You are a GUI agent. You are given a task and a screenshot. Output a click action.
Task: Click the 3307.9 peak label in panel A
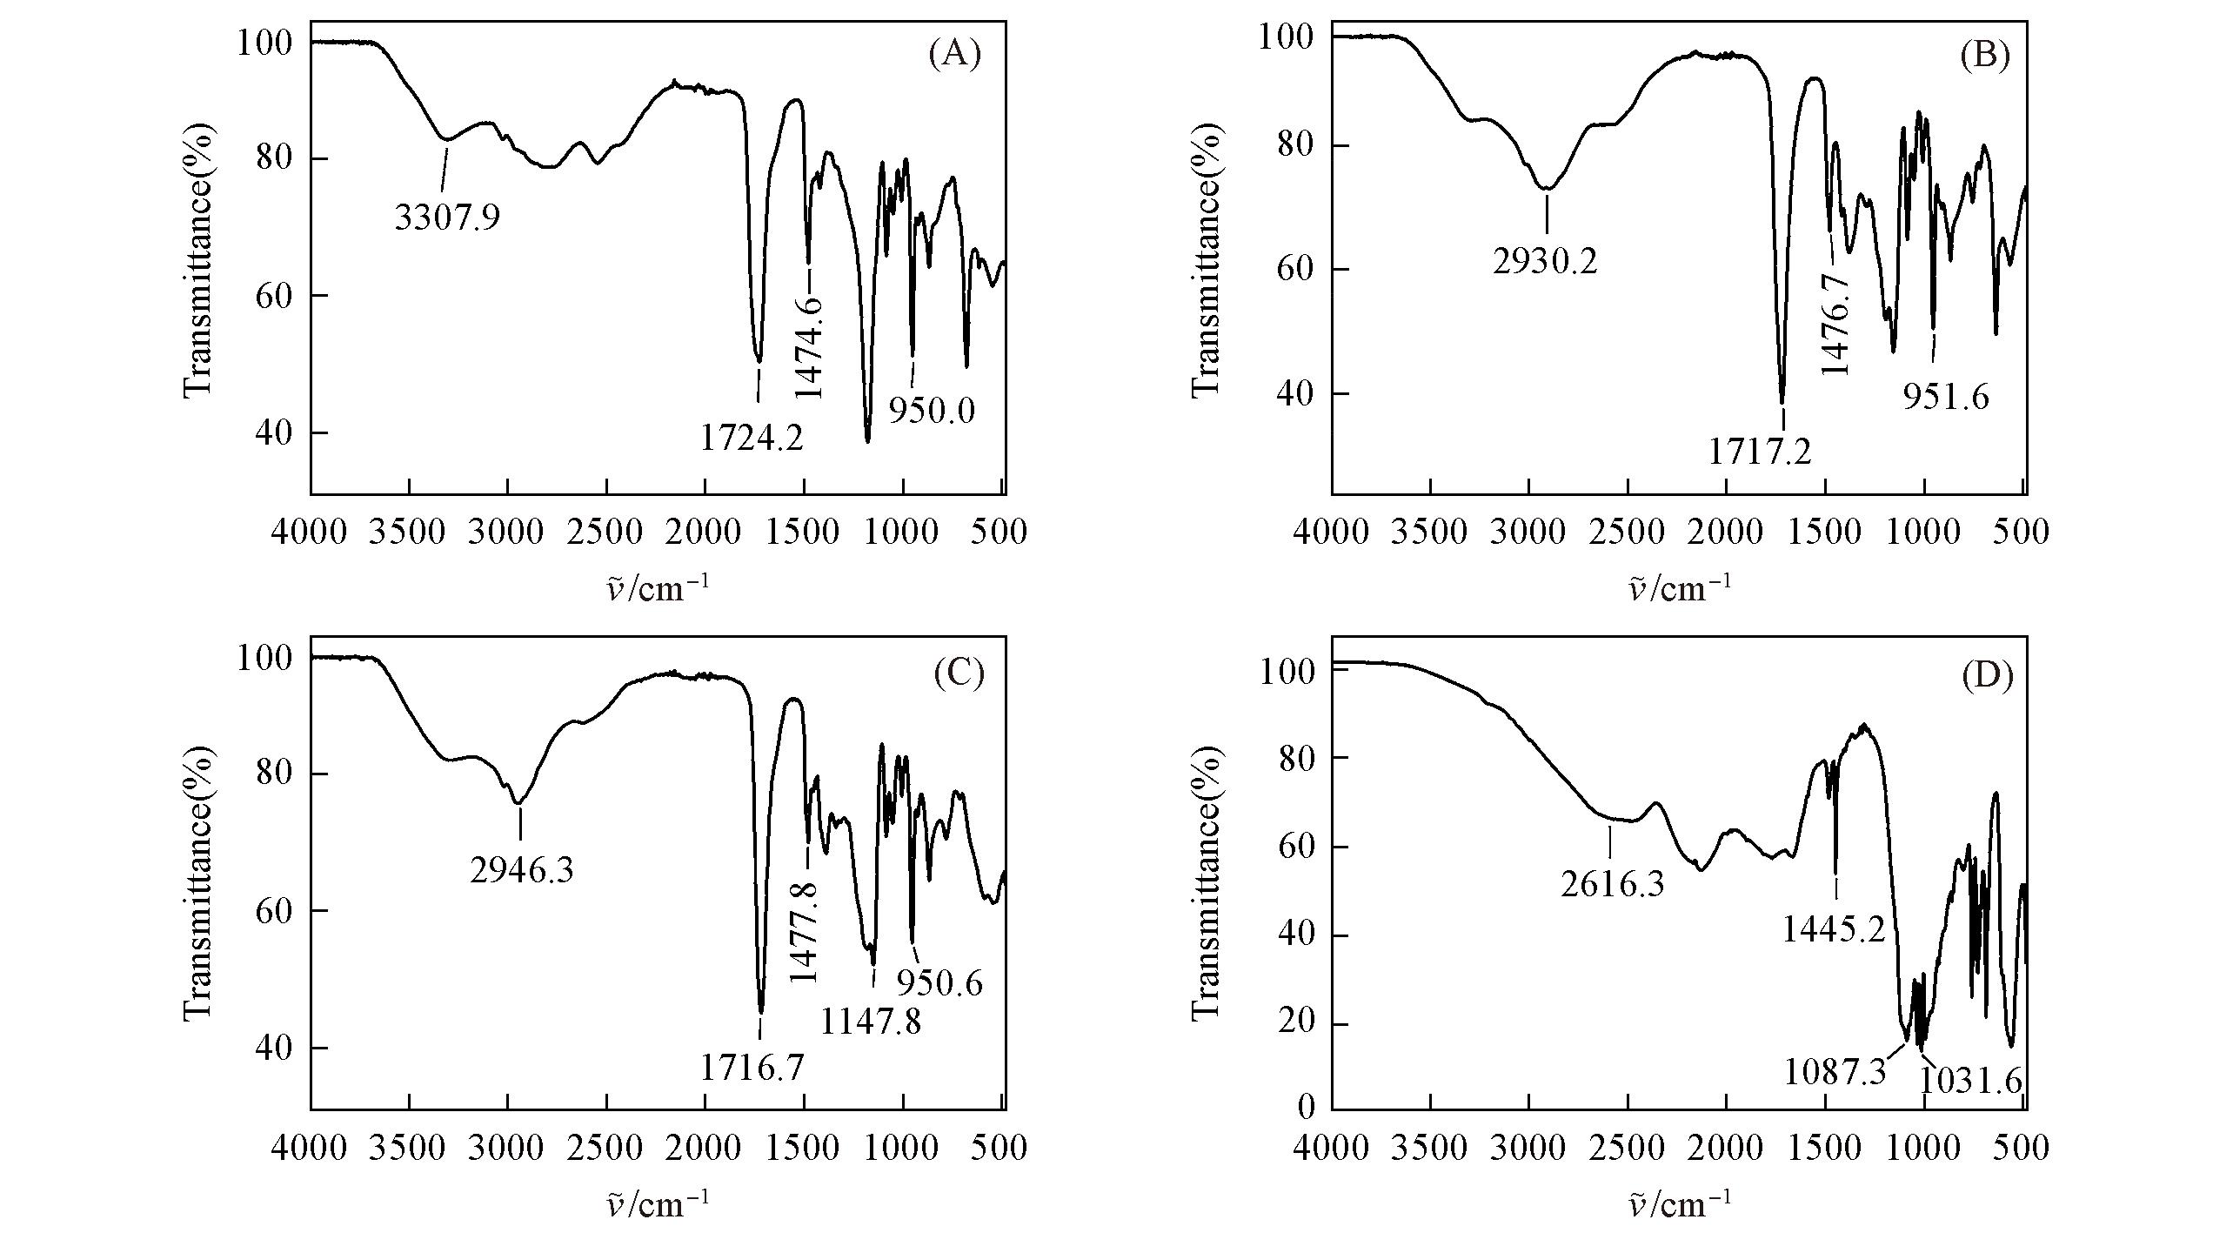pos(447,217)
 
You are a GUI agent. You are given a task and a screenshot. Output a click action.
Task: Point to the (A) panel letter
pos(955,55)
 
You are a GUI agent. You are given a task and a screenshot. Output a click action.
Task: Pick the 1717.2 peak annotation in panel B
pos(1760,452)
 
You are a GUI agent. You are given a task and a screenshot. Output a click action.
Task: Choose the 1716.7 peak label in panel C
pos(753,1067)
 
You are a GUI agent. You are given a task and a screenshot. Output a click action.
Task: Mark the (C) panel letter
pos(959,673)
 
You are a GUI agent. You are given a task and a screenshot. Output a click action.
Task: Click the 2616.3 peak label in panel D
pos(1612,885)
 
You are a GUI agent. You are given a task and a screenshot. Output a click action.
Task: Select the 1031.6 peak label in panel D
pos(1971,1082)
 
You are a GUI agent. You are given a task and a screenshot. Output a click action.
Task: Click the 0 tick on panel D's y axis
pos(1307,1108)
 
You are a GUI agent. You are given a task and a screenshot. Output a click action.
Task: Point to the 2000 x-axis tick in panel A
pos(705,532)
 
